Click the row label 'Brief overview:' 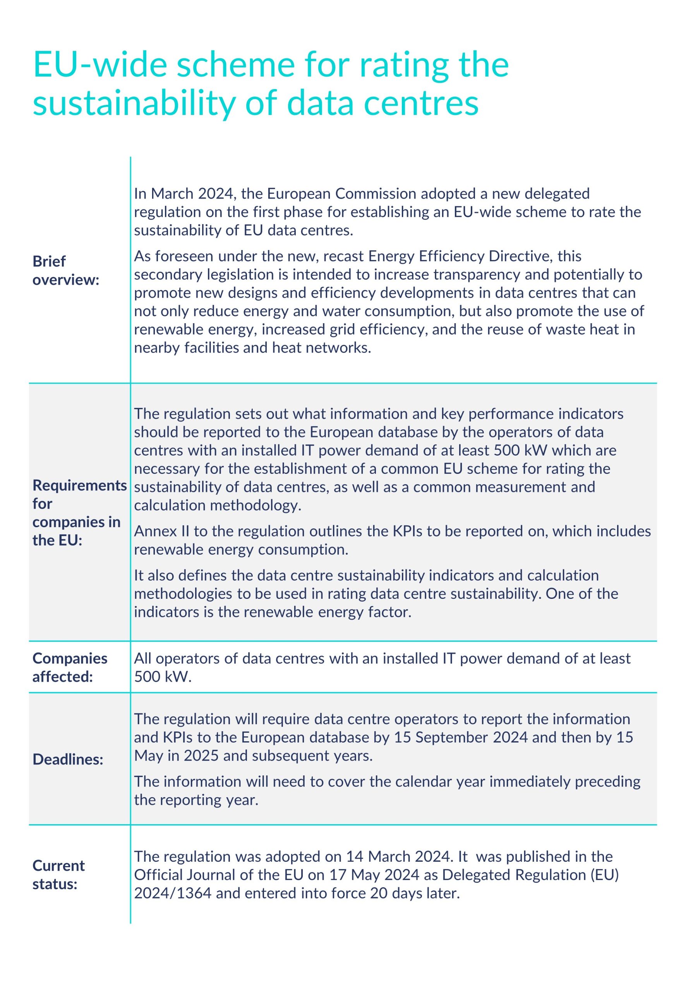coord(66,270)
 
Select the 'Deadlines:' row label coord(68,760)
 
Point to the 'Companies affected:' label coord(70,667)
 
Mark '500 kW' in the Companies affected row coord(163,677)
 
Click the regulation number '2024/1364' coord(172,893)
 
